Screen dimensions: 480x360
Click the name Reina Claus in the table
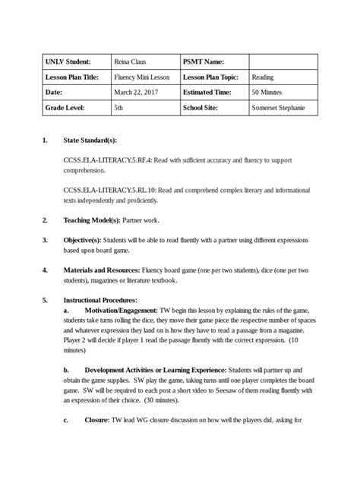tap(129, 62)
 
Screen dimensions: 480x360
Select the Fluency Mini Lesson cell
tap(141, 77)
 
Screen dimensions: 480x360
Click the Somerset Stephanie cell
tap(279, 109)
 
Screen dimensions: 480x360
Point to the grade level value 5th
tap(118, 109)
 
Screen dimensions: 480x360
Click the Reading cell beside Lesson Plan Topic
tap(263, 77)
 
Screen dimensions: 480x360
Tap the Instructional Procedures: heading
tap(100, 300)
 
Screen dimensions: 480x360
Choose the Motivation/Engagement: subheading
tap(121, 310)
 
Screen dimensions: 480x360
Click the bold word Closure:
tap(97, 419)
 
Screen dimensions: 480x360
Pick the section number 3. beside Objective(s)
tap(45, 240)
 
